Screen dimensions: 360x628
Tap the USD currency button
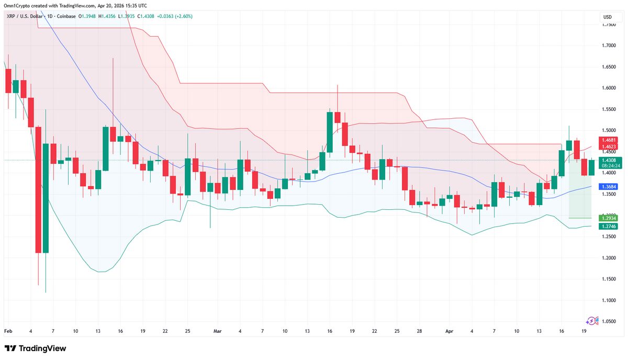pos(608,17)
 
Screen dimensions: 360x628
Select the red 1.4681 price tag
pos(610,140)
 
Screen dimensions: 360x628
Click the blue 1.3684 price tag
pos(610,187)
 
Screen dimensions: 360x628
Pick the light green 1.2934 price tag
pos(610,217)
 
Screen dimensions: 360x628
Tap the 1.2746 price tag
pos(610,226)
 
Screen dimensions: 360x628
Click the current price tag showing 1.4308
pos(610,160)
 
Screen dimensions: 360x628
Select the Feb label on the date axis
pos(8,332)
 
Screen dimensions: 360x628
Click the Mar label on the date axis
pos(217,332)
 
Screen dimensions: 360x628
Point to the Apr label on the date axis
pos(450,332)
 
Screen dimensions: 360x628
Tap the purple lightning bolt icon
pos(592,321)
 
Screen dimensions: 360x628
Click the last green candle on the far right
pos(591,167)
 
